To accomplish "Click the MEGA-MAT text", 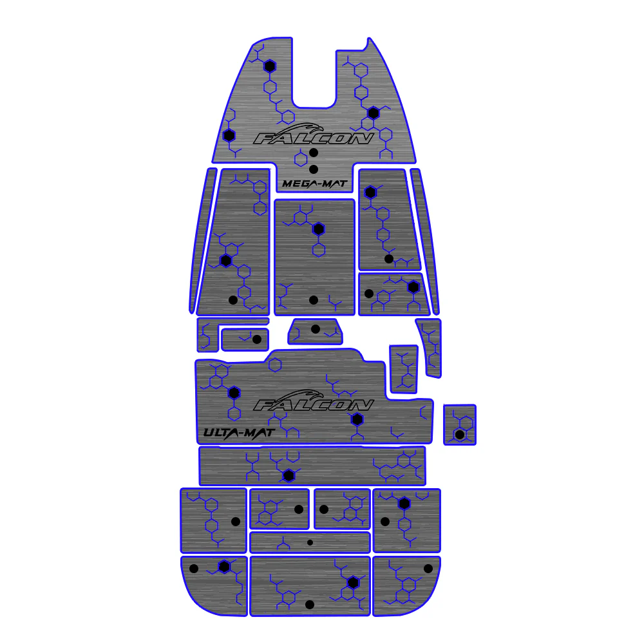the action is click(315, 184).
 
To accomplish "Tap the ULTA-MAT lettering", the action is click(239, 433).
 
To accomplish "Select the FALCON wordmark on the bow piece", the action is click(314, 138).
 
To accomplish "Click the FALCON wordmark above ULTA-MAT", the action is click(314, 405).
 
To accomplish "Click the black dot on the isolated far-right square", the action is click(460, 434).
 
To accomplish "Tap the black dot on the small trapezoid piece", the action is click(316, 329).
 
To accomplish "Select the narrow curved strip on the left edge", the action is click(203, 240).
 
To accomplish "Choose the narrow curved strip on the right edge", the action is click(426, 240).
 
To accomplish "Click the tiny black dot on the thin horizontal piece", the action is click(310, 542).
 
